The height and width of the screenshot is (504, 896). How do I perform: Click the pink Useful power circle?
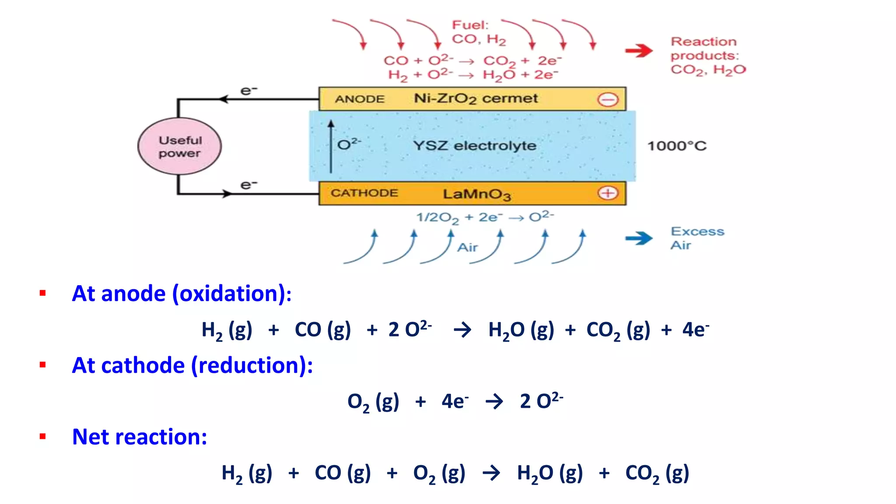(179, 146)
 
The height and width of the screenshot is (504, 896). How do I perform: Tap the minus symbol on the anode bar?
(608, 100)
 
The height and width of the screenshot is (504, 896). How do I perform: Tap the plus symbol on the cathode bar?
(608, 193)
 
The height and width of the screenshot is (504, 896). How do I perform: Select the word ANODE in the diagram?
(360, 99)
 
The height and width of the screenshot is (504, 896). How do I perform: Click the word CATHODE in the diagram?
(364, 193)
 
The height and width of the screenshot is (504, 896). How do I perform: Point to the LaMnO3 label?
(476, 194)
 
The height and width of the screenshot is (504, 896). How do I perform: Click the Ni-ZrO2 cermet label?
(476, 99)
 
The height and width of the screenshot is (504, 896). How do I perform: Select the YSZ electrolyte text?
(475, 145)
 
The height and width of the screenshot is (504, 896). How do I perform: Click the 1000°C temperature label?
(676, 146)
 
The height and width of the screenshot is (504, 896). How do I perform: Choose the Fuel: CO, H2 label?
(478, 32)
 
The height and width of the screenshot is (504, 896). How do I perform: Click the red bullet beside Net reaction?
(42, 436)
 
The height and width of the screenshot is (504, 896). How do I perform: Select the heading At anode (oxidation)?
(182, 293)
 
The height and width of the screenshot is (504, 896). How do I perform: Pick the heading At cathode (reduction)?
(192, 365)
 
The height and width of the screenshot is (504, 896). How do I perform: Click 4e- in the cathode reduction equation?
(455, 401)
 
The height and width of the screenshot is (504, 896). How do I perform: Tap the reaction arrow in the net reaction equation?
(491, 473)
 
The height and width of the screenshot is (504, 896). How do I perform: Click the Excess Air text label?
(697, 238)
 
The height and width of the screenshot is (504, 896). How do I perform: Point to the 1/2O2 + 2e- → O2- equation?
(485, 217)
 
